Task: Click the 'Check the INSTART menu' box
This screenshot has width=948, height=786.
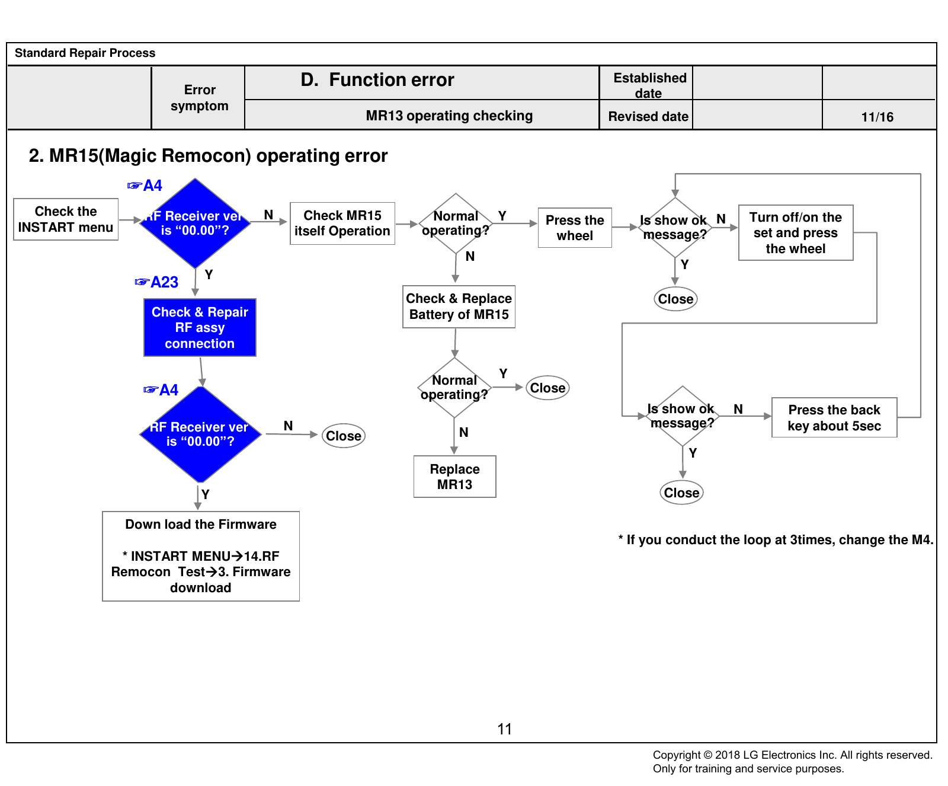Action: click(x=66, y=219)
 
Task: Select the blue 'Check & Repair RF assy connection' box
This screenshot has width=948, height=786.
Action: click(x=200, y=327)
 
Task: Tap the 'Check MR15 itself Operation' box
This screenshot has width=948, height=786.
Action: click(x=342, y=223)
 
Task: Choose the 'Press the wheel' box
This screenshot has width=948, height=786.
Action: click(x=575, y=228)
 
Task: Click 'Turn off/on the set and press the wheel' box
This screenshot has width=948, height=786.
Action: click(x=796, y=232)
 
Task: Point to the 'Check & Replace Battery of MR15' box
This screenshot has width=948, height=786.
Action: click(x=459, y=306)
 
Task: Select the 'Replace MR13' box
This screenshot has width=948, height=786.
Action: click(x=455, y=477)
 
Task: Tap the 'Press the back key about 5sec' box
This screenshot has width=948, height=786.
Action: click(x=834, y=417)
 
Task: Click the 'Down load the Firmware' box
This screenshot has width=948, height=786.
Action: click(x=201, y=556)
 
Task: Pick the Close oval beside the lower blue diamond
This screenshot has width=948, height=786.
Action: click(x=344, y=436)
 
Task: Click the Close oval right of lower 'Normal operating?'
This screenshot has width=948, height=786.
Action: click(x=547, y=388)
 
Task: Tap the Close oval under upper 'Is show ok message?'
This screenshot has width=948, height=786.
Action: click(x=675, y=299)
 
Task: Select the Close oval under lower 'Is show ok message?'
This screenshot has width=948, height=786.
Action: click(x=682, y=493)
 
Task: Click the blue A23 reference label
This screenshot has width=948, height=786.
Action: click(x=157, y=282)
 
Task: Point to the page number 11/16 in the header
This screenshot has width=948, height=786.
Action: click(x=877, y=117)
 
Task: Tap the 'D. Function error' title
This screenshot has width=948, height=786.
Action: click(x=377, y=80)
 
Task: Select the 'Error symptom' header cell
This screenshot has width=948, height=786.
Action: click(x=199, y=98)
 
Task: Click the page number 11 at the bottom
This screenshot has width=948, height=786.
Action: click(x=505, y=729)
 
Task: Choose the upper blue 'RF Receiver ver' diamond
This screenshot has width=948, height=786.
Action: click(x=195, y=223)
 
